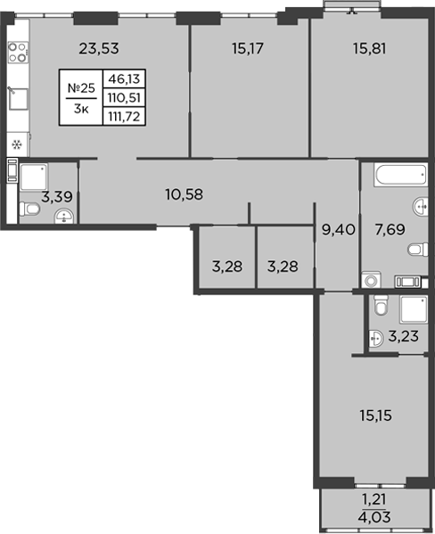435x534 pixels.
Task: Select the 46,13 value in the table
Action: click(x=125, y=78)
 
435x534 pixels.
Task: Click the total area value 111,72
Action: click(x=125, y=114)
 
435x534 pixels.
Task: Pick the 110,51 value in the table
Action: click(x=125, y=96)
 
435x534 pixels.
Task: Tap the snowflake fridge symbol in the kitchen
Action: click(x=16, y=143)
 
